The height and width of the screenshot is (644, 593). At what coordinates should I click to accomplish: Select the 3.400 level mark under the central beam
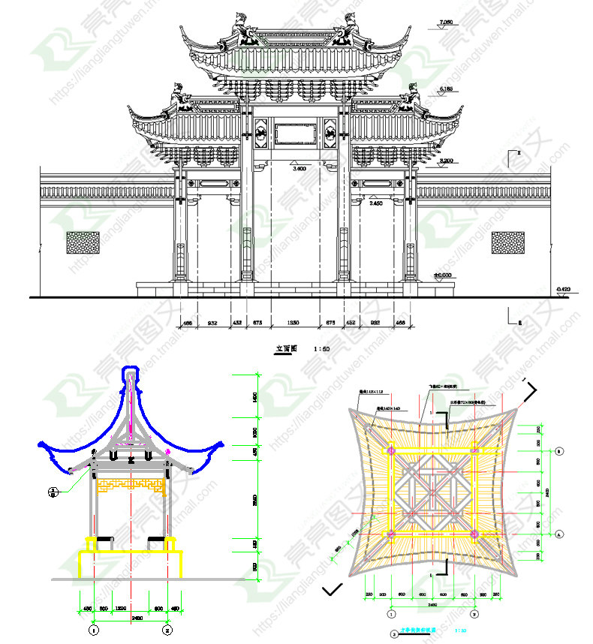[x=299, y=170]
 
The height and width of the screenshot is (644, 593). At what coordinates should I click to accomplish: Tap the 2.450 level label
[x=377, y=203]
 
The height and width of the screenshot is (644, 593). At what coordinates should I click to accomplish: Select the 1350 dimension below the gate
[x=294, y=324]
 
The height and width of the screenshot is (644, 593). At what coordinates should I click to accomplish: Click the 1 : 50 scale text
[x=321, y=348]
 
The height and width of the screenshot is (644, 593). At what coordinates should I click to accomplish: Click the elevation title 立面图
[x=287, y=348]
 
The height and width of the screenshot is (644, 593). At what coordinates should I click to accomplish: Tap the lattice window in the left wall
[x=83, y=242]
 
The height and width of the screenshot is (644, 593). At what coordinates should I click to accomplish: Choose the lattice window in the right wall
[x=507, y=242]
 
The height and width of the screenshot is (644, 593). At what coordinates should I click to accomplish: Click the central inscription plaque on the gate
[x=296, y=134]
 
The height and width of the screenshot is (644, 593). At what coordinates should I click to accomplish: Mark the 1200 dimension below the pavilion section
[x=131, y=607]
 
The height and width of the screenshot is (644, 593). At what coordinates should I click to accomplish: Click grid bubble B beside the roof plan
[x=559, y=452]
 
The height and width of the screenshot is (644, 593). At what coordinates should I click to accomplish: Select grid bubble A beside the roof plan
[x=559, y=534]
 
